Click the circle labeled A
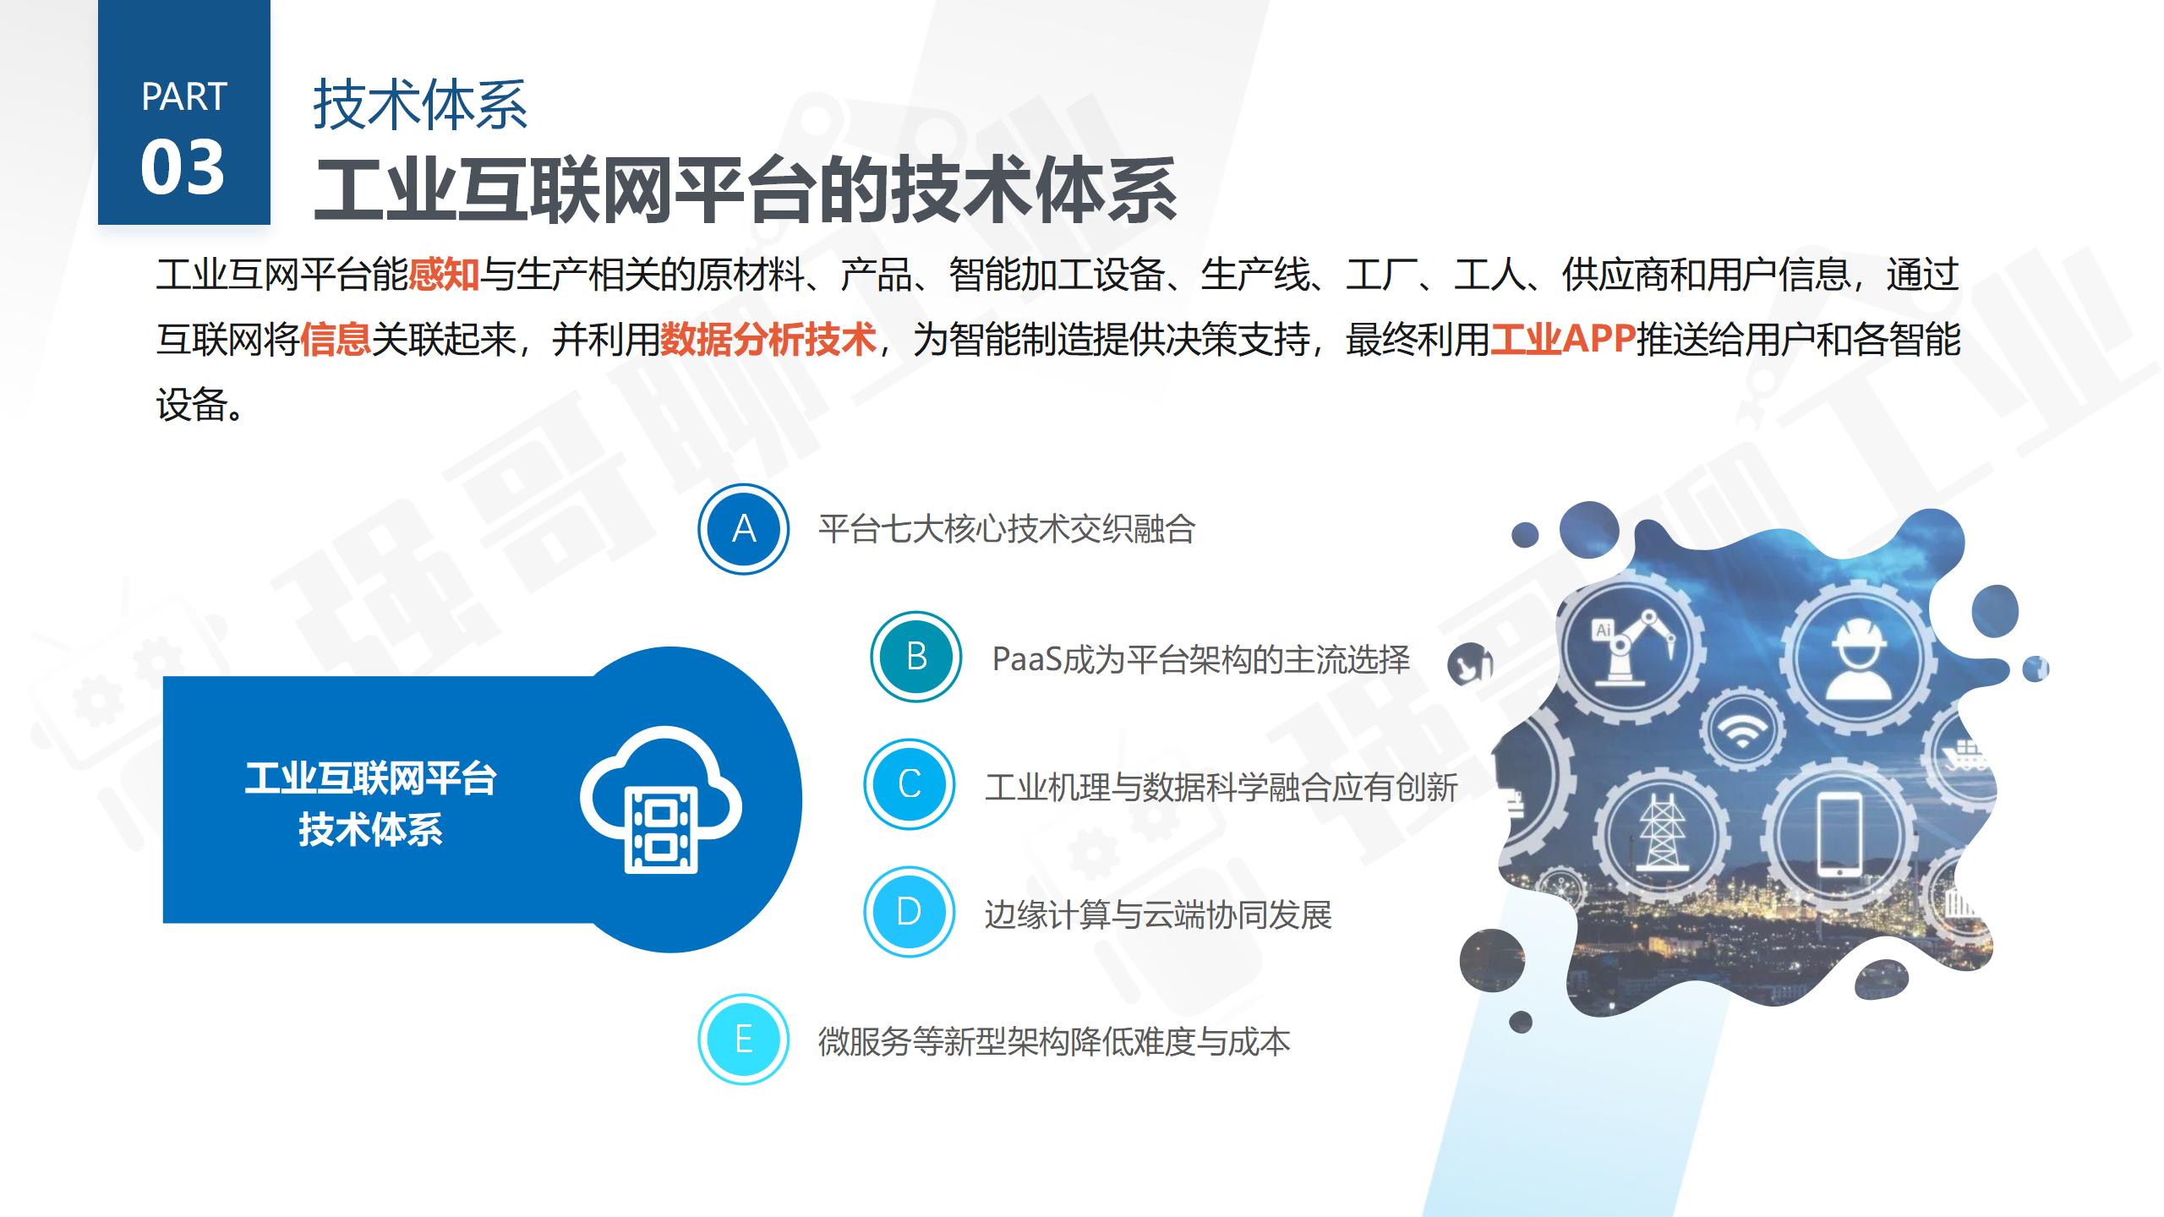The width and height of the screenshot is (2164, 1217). click(x=743, y=529)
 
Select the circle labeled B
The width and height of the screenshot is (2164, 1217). click(x=916, y=657)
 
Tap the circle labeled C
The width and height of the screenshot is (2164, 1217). click(x=909, y=784)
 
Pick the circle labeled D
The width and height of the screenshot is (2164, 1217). click(x=909, y=912)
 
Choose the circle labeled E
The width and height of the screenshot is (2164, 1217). click(x=743, y=1040)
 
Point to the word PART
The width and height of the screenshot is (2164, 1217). click(x=184, y=97)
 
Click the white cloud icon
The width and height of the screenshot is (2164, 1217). click(x=661, y=798)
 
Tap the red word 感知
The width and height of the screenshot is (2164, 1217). click(x=444, y=276)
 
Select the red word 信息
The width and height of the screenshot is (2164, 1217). click(x=336, y=340)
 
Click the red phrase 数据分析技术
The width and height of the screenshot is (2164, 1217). click(x=768, y=340)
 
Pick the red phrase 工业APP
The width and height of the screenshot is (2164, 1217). click(x=1562, y=340)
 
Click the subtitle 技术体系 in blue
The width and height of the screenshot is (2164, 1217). click(x=420, y=105)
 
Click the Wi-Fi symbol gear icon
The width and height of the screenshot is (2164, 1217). click(x=1741, y=729)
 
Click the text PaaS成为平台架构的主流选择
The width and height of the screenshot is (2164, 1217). click(x=1200, y=659)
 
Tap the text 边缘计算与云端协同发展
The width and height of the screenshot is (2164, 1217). click(x=1158, y=915)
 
